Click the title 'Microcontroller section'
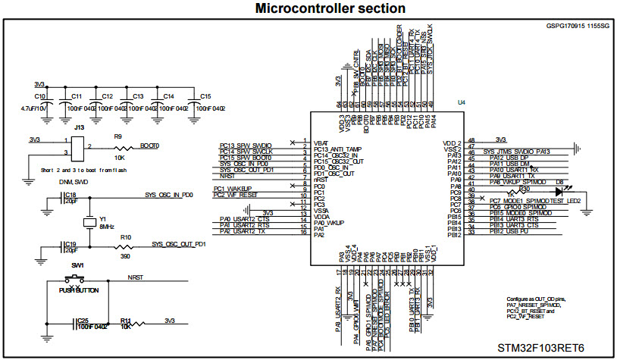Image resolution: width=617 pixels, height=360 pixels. tap(308, 8)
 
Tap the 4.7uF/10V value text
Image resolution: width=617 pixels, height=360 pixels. tap(36, 109)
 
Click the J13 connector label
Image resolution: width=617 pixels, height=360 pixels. tap(78, 128)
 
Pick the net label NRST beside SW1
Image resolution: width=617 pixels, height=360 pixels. tap(136, 277)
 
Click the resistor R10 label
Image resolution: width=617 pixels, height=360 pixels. tap(127, 238)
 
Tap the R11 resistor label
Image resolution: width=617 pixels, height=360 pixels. tap(125, 320)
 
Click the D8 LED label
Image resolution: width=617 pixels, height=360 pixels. tap(560, 182)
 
